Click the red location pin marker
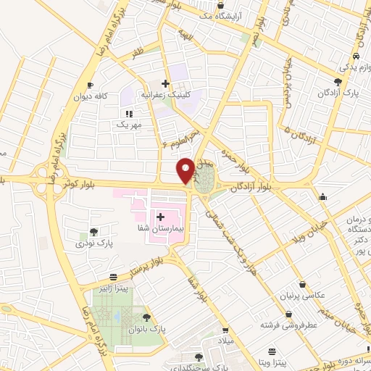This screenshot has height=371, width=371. pos(185,170)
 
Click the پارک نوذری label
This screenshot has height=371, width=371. pos(95,243)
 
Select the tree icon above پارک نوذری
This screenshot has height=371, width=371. pos(94,232)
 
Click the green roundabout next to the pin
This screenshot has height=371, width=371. pos(205,179)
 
